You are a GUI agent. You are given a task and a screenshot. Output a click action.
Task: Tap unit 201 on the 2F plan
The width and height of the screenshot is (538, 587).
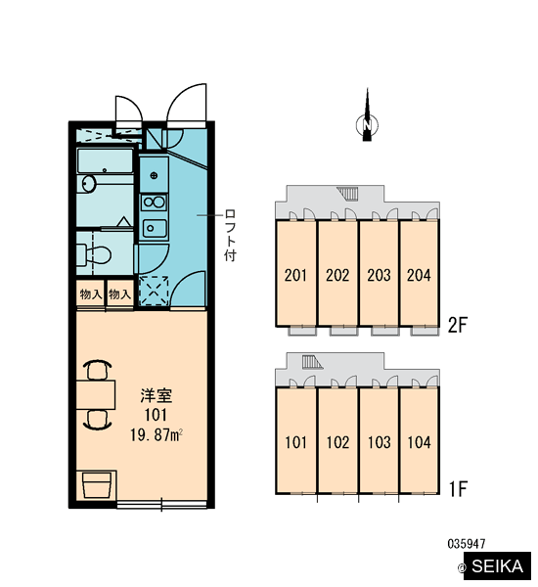click(295, 273)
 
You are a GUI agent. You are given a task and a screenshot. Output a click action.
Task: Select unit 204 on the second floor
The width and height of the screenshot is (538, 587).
click(419, 273)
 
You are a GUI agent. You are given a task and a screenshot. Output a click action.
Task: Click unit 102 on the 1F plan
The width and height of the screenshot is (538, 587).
click(337, 441)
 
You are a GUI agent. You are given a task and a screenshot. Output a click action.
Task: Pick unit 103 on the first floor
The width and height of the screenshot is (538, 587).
click(379, 441)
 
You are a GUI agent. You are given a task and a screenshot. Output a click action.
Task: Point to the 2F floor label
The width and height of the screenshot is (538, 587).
click(458, 325)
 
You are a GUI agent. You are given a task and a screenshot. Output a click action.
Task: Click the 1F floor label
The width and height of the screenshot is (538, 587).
click(458, 488)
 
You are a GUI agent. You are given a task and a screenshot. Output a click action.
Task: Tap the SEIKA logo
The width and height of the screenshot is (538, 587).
click(497, 565)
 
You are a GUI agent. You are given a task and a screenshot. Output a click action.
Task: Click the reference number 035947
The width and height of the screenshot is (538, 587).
click(467, 544)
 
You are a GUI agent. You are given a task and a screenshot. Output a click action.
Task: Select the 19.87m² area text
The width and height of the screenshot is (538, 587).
click(157, 435)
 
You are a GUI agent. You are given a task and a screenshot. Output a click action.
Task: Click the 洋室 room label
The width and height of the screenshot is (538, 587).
click(157, 396)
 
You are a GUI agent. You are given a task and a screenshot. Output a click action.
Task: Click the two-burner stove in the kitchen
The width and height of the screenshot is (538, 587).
click(155, 203)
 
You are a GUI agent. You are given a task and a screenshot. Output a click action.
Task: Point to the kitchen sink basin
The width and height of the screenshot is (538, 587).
click(155, 228)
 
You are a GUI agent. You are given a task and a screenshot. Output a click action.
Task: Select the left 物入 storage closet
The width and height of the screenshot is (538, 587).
click(91, 294)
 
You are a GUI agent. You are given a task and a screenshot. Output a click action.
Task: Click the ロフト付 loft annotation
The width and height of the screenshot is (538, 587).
click(230, 235)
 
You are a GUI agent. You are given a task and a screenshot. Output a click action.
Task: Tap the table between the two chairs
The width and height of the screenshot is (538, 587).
click(96, 394)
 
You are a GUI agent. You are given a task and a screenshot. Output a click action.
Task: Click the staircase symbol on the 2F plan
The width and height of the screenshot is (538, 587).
click(348, 193)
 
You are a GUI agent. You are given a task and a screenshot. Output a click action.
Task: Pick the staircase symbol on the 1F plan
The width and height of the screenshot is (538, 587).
click(312, 362)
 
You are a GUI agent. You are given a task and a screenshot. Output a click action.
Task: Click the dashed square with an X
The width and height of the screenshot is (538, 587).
click(154, 291)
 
